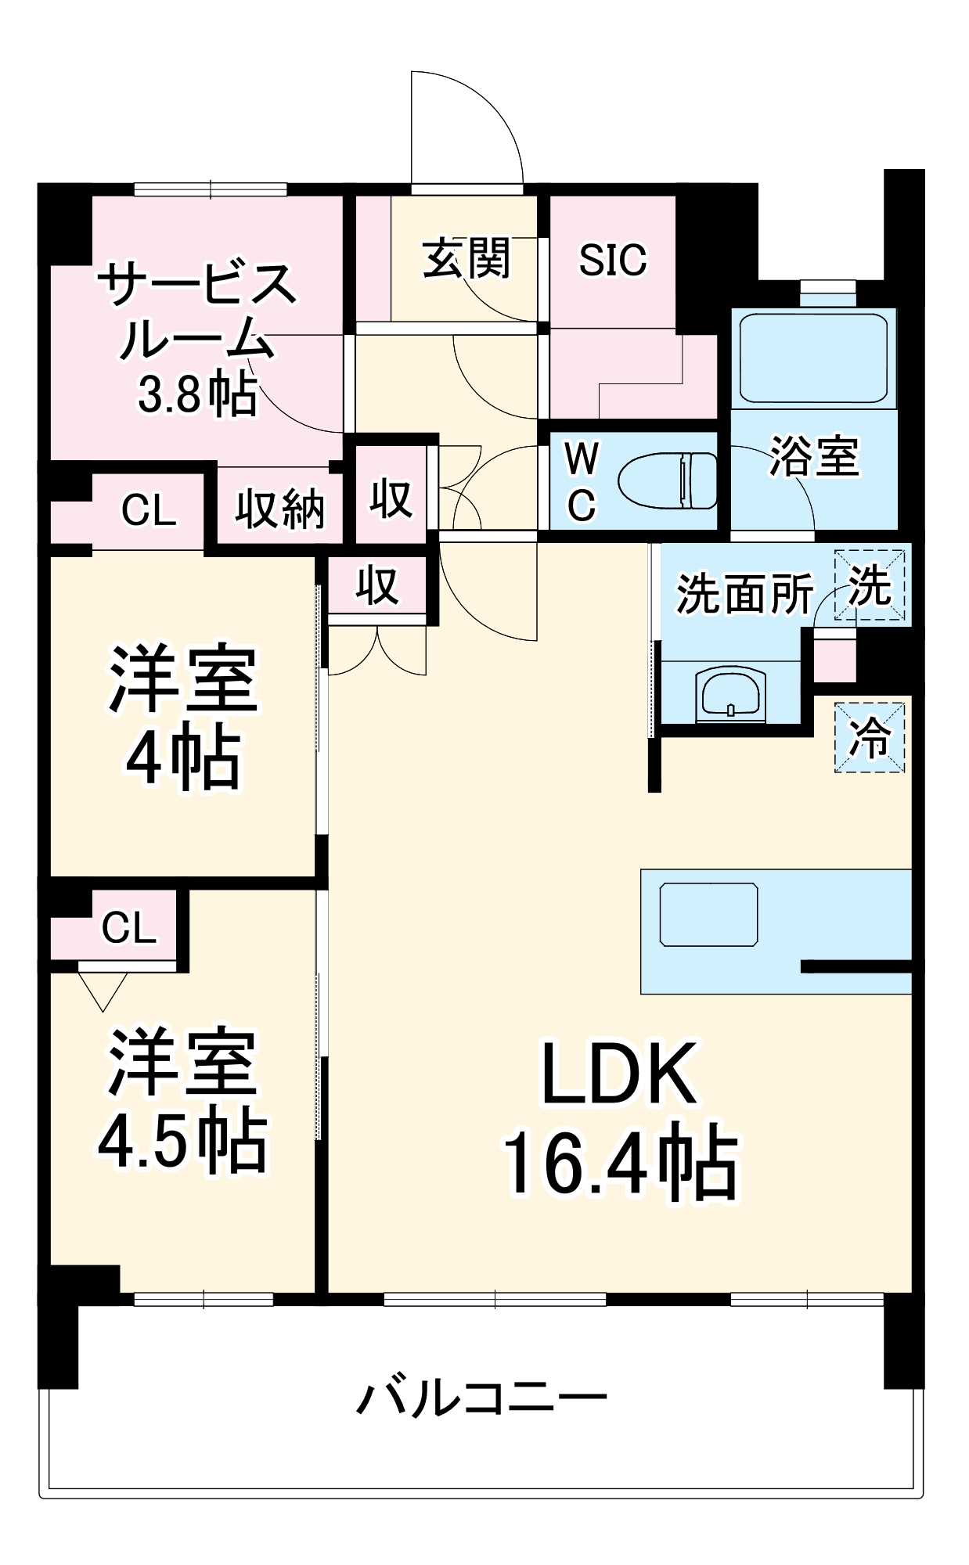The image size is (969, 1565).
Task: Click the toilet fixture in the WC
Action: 666,480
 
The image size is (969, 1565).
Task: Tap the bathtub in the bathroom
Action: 813,358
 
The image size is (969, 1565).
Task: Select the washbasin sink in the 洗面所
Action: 730,692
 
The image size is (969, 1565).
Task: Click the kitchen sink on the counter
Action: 708,914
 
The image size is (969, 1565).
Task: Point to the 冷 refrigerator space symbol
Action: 870,737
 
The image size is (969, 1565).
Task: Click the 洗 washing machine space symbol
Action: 870,585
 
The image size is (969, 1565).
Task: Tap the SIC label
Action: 612,260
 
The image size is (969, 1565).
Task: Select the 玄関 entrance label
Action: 466,259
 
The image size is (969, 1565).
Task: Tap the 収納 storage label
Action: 279,509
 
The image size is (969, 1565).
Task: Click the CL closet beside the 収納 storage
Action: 148,510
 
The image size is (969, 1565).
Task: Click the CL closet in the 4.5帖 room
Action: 128,928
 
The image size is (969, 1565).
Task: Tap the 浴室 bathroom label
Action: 814,455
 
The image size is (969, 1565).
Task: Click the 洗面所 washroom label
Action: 744,593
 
